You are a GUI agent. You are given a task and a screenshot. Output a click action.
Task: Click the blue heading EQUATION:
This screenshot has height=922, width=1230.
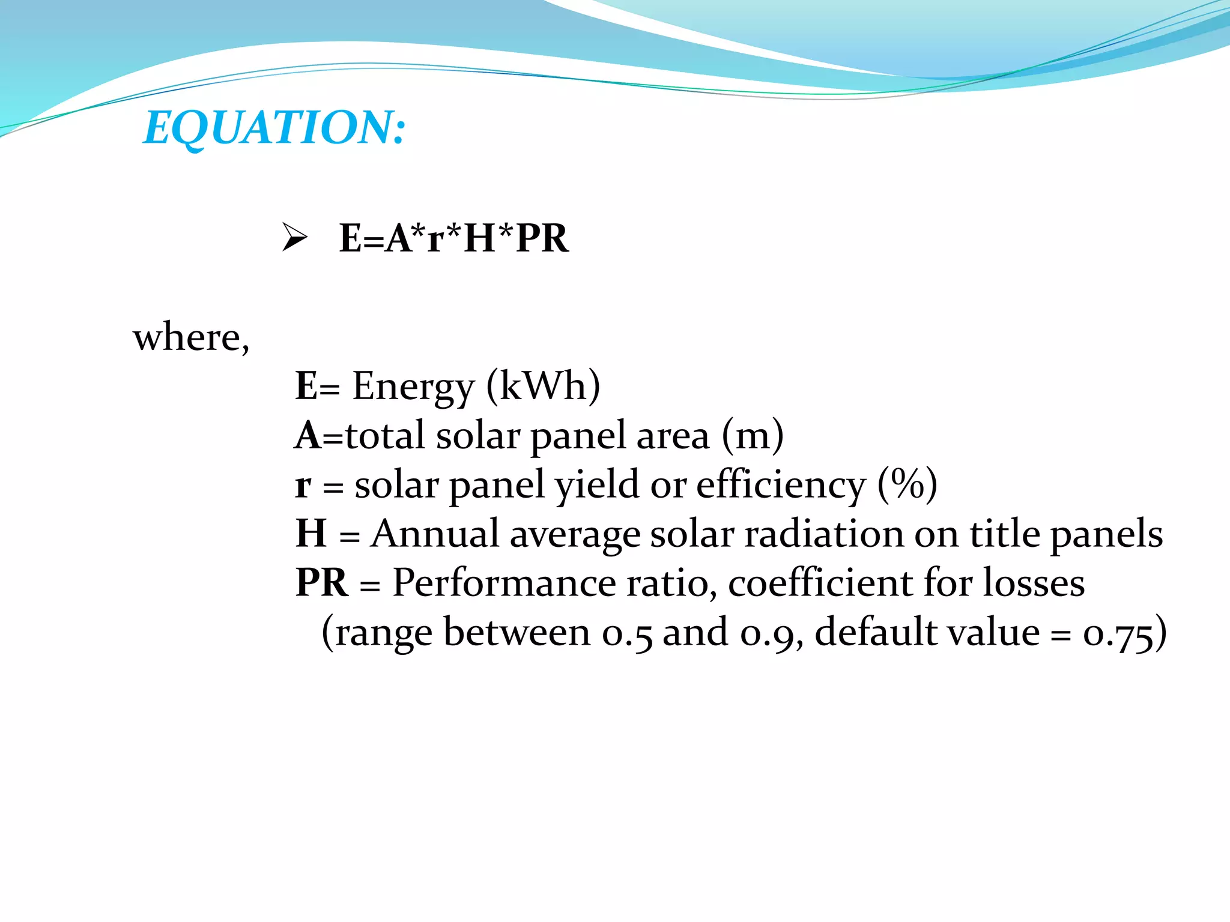click(274, 127)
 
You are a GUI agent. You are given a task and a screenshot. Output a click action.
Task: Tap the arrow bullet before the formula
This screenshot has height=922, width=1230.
click(294, 237)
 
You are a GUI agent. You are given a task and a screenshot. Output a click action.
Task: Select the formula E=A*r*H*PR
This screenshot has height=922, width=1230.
click(453, 238)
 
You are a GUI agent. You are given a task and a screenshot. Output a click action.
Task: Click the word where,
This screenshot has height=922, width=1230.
click(191, 337)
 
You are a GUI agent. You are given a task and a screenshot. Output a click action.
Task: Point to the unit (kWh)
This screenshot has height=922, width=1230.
click(543, 386)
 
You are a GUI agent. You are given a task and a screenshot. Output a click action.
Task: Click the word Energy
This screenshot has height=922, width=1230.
click(413, 387)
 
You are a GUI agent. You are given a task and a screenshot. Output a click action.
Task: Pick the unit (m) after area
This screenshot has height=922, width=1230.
click(753, 435)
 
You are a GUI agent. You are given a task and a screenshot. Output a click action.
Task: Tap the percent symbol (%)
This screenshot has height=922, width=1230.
click(907, 484)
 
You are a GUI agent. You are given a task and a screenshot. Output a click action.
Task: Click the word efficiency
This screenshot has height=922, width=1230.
click(780, 485)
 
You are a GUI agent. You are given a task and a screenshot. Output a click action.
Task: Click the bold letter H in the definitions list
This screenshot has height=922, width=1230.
click(311, 533)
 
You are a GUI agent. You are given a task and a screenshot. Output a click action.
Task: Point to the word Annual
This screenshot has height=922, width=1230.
click(434, 533)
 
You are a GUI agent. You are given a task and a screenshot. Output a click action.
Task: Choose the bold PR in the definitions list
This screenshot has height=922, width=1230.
click(321, 582)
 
